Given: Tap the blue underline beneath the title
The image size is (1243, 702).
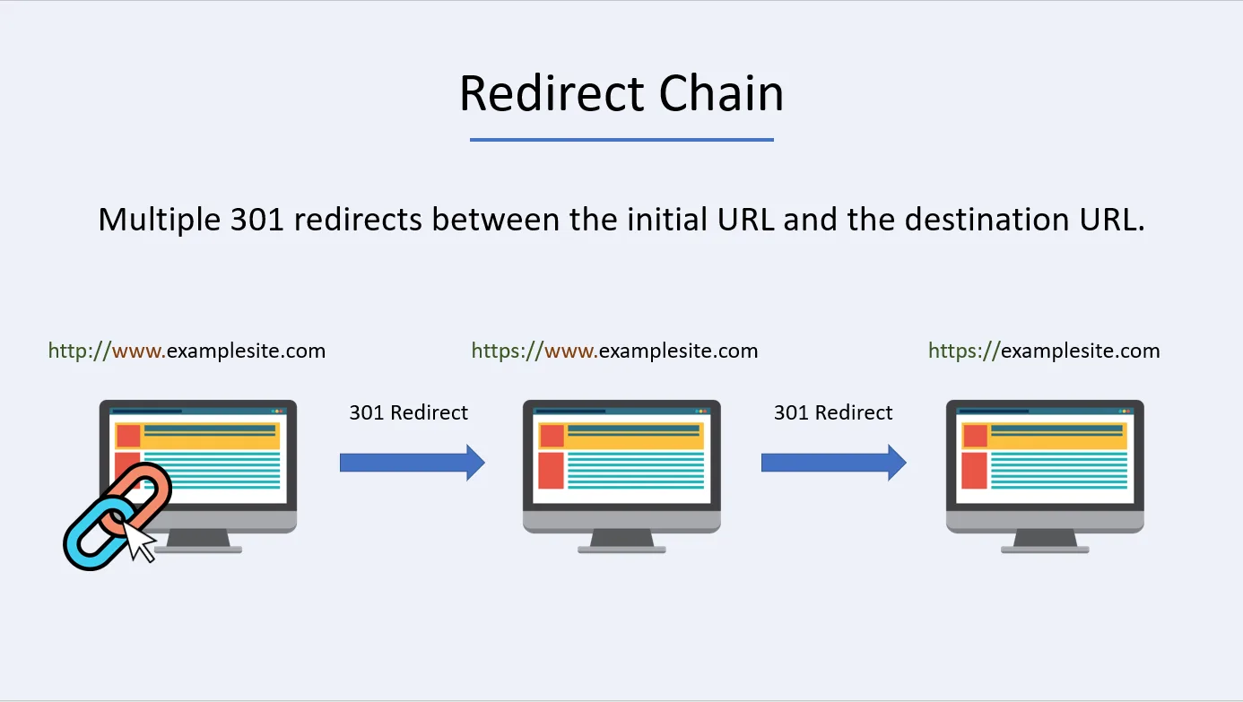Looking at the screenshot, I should pos(621,140).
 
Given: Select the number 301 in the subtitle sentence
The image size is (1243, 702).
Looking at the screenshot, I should pos(257,220).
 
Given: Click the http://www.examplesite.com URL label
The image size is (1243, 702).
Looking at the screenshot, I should pos(187,351).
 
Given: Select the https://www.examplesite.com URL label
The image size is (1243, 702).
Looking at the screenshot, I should pos(614,351).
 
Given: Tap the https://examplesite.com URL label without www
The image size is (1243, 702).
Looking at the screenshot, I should pos(1044,351).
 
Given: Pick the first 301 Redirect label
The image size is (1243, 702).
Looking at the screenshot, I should pos(408,412).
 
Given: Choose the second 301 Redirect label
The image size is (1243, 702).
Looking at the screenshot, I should pos(833,412).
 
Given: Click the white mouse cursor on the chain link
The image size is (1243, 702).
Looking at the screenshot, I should pos(137,541).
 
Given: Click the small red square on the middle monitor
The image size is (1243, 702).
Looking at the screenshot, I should pos(552,436).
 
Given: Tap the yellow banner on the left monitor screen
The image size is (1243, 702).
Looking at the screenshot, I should pos(212,436).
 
